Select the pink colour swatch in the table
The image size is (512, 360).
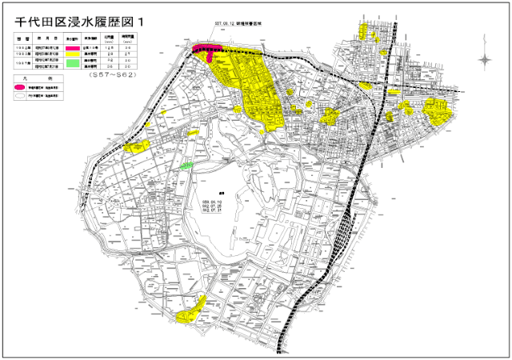tap(73, 48)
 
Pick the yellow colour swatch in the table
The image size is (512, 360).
tap(73, 54)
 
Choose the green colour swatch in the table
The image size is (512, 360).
tap(73, 62)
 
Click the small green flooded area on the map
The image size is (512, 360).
tap(186, 166)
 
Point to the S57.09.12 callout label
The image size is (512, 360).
tap(238, 24)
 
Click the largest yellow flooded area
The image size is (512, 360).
tap(256, 88)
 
